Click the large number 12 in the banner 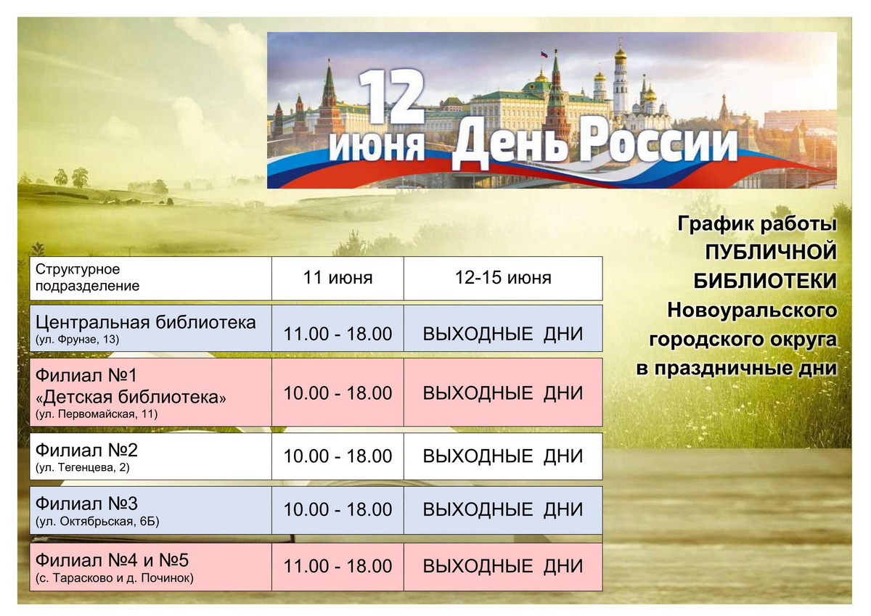coord(390,96)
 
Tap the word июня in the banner coord(377,146)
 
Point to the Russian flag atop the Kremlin coord(544,54)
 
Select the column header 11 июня coord(338,278)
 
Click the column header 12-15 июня coord(503,278)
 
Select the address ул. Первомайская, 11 coord(97,414)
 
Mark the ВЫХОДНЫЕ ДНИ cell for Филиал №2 coord(503,456)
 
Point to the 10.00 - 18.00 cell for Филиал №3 coord(338,510)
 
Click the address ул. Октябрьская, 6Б coord(97,522)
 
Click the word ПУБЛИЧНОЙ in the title coord(771,252)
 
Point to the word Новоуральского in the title coord(752,311)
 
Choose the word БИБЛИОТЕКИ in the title coord(765,281)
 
